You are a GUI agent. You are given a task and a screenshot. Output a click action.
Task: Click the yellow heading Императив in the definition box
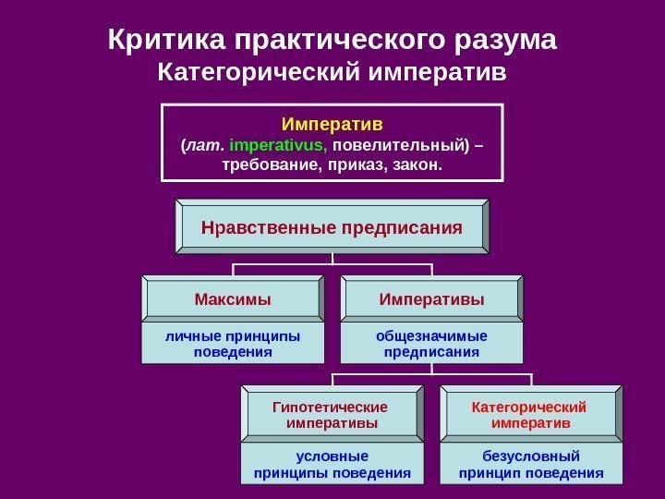click(x=332, y=124)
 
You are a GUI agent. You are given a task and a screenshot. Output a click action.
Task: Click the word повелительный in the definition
click(x=399, y=145)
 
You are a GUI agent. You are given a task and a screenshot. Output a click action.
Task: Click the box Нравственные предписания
click(x=332, y=225)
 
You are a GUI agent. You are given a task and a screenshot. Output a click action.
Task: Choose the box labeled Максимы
click(x=233, y=299)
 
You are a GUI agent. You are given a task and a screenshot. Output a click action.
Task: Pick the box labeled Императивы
click(x=431, y=299)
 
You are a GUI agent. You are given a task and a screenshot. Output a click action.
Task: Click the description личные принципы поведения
click(x=233, y=343)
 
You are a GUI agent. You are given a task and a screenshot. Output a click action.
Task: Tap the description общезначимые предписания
click(x=431, y=343)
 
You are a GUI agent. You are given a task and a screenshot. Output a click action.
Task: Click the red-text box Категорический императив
click(x=531, y=415)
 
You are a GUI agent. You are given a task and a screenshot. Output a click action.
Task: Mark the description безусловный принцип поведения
click(x=531, y=465)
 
